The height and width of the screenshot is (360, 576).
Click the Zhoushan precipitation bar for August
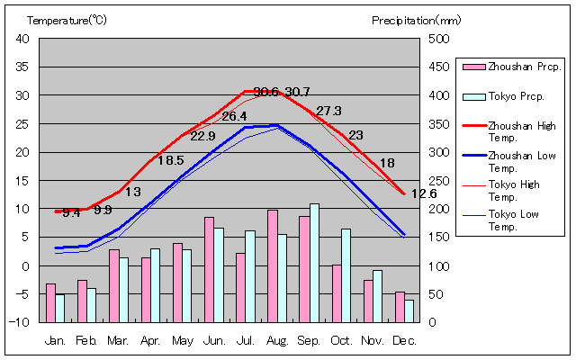(272, 265)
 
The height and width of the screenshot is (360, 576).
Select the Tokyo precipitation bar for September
(314, 263)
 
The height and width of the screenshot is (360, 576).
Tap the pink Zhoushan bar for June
(209, 269)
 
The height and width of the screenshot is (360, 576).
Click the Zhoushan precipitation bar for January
(50, 302)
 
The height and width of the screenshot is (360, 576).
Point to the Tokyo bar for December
(409, 310)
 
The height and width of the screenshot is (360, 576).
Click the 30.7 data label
(297, 92)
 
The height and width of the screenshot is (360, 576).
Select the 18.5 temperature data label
(171, 160)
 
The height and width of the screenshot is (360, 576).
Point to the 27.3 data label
(328, 111)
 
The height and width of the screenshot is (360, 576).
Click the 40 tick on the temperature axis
(23, 39)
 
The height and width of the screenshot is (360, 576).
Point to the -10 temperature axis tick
(22, 322)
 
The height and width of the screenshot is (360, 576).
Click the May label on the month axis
(183, 340)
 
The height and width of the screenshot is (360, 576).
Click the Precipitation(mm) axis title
(416, 19)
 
